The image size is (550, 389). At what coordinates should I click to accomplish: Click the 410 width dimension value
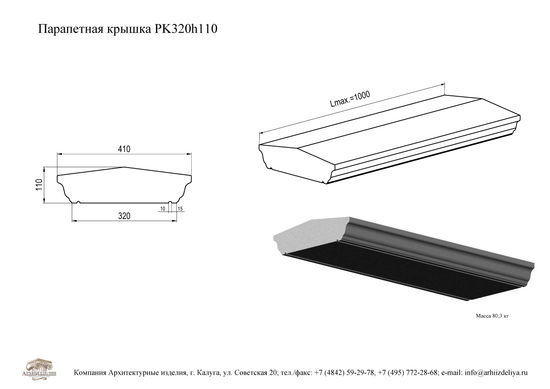tap(124, 149)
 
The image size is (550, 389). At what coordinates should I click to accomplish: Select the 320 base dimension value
tap(124, 216)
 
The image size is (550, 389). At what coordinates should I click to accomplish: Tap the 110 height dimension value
tap(39, 185)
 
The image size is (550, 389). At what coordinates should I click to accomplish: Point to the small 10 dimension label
tap(162, 209)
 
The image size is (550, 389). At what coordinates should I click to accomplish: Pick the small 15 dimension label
tap(180, 209)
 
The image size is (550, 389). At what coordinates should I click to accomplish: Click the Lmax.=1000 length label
tap(350, 99)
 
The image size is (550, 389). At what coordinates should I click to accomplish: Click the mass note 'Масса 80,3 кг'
tap(492, 316)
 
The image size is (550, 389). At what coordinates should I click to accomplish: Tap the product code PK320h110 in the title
tap(186, 29)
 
